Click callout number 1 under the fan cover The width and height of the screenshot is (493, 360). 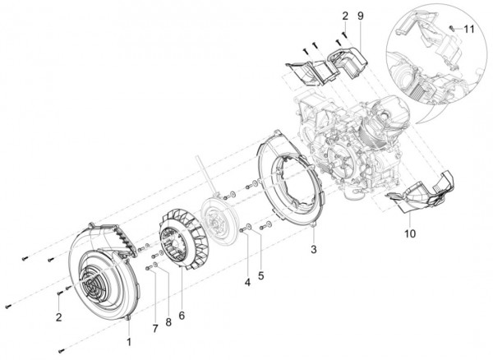tap(129, 339)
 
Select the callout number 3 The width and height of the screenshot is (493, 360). tap(313, 248)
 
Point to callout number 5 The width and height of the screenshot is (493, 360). tap(261, 278)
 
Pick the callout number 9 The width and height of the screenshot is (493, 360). tap(359, 16)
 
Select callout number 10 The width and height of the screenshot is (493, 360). tap(408, 233)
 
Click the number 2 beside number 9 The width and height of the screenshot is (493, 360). tap(345, 16)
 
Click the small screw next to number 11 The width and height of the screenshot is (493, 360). tap(453, 29)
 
